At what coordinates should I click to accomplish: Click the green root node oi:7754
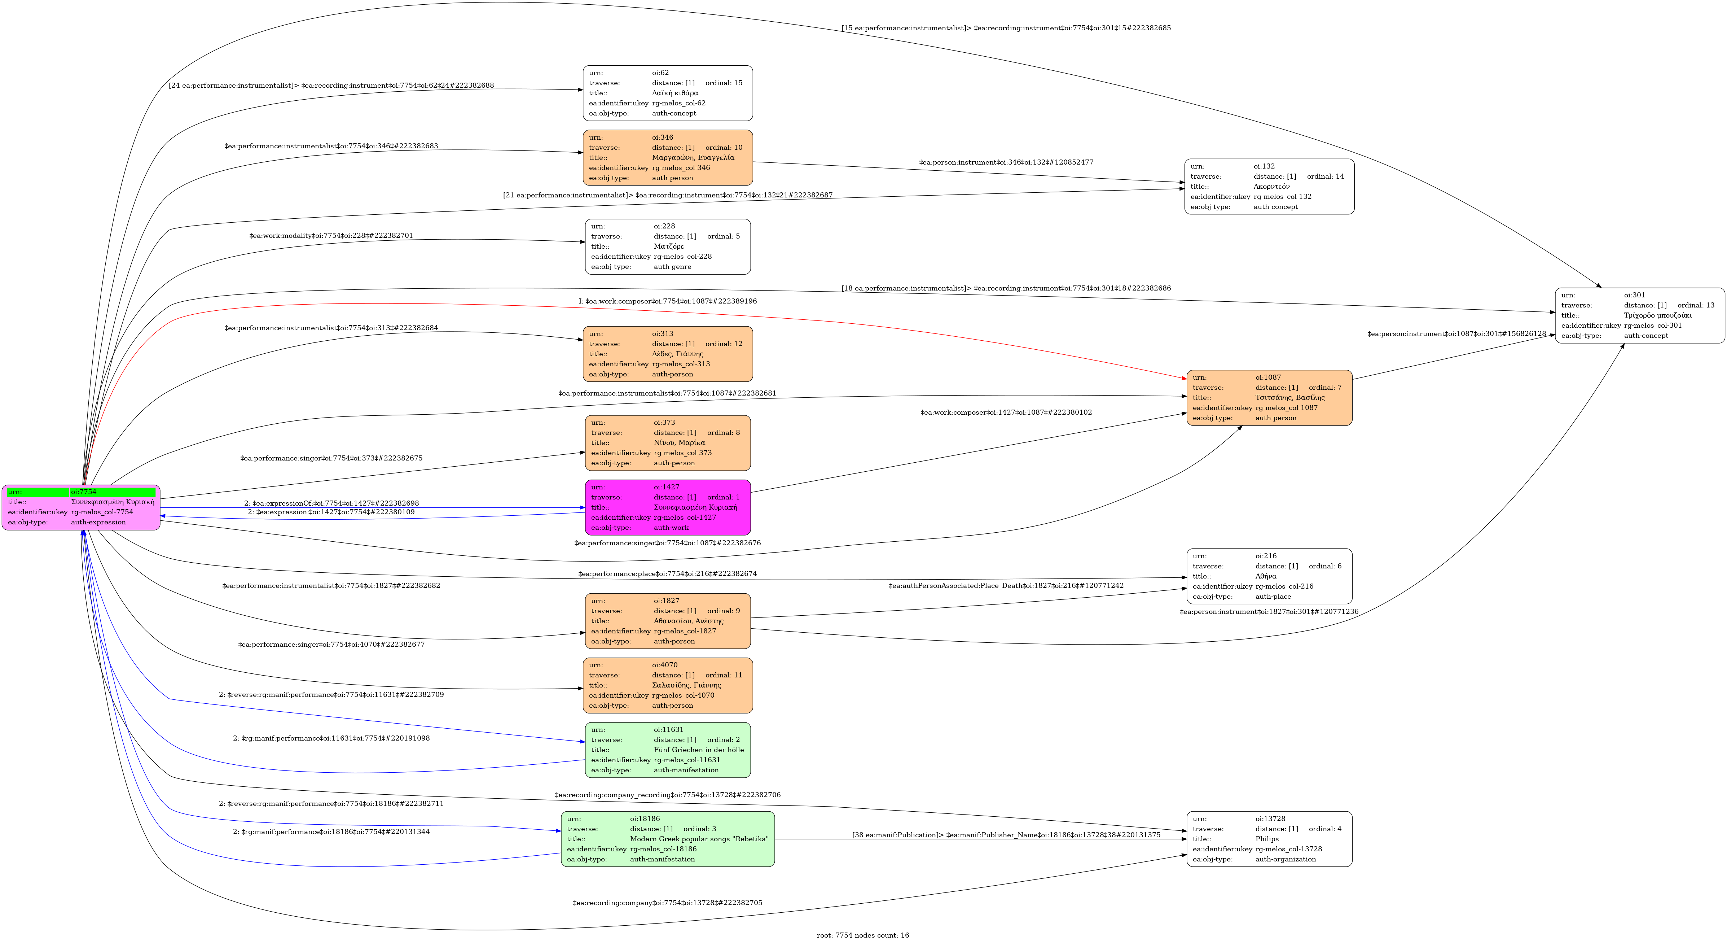pyautogui.click(x=81, y=507)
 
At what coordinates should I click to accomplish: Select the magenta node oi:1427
pyautogui.click(x=668, y=507)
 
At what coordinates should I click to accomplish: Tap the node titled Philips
pyautogui.click(x=1269, y=839)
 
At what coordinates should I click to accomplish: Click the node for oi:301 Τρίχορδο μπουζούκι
pyautogui.click(x=1640, y=315)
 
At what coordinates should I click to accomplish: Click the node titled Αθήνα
pyautogui.click(x=1269, y=576)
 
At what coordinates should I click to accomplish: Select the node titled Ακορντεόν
pyautogui.click(x=1269, y=187)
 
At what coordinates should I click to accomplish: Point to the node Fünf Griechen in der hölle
pyautogui.click(x=668, y=750)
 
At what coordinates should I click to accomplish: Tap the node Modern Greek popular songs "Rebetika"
pyautogui.click(x=668, y=839)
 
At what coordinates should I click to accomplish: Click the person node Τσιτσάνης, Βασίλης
pyautogui.click(x=1269, y=398)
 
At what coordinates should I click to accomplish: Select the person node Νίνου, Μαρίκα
pyautogui.click(x=668, y=443)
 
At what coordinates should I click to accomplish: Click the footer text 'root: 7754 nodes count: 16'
pyautogui.click(x=863, y=935)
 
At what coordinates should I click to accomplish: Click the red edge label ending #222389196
pyautogui.click(x=668, y=301)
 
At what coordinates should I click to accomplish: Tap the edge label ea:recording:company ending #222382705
pyautogui.click(x=668, y=903)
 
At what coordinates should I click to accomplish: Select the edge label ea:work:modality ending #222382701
pyautogui.click(x=331, y=235)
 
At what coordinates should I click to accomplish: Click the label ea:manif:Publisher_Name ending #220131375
pyautogui.click(x=1006, y=835)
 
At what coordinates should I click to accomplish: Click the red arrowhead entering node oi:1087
pyautogui.click(x=1183, y=379)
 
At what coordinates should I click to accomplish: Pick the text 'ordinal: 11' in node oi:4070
pyautogui.click(x=724, y=675)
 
